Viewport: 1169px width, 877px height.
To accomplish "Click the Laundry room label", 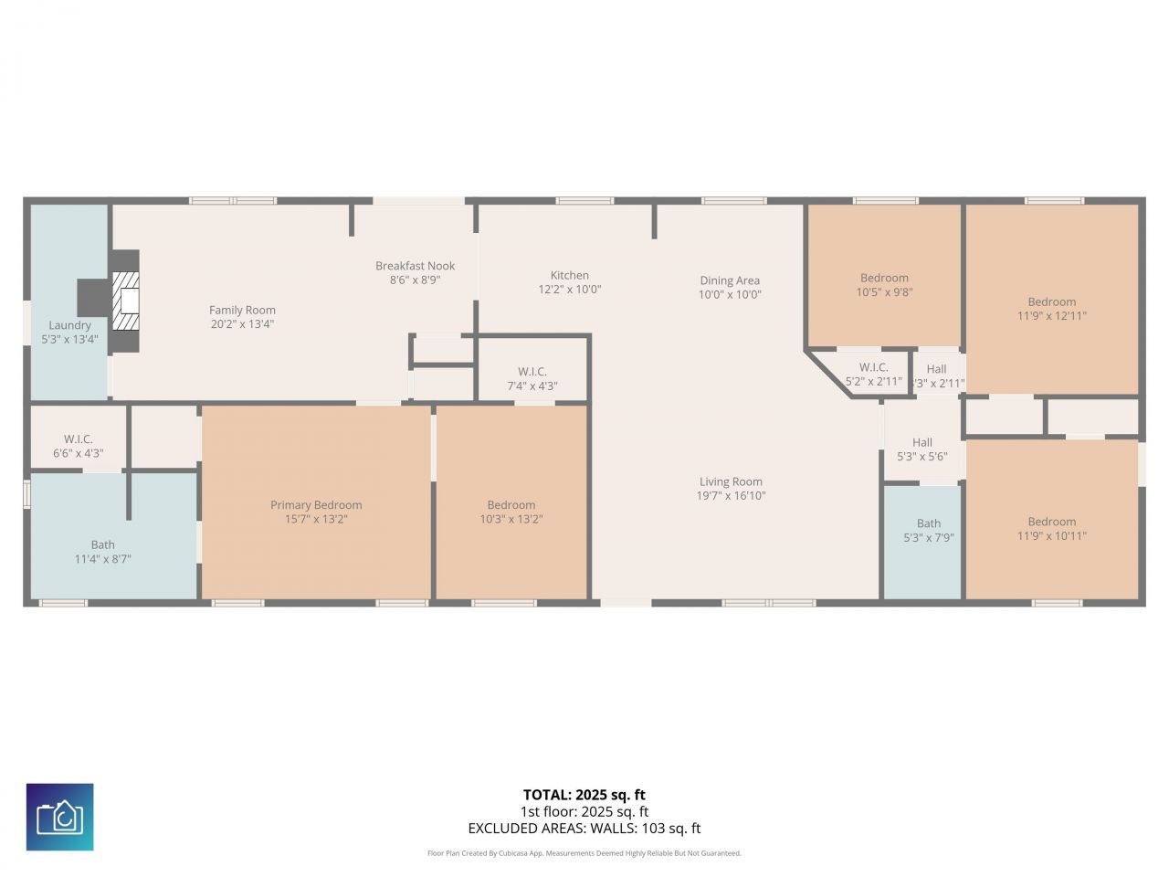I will (69, 325).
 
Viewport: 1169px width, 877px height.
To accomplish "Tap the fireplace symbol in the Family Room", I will (127, 301).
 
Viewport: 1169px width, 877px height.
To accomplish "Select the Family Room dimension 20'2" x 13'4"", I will (242, 324).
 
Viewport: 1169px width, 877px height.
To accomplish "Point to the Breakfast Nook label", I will (415, 266).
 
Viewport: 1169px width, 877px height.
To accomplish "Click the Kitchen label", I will (569, 275).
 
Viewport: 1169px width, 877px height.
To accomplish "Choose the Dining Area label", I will (730, 280).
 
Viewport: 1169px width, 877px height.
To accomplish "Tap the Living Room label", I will (731, 481).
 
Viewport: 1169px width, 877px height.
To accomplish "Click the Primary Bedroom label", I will (316, 505).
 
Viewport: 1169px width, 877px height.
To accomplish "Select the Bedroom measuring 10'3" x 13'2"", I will (511, 512).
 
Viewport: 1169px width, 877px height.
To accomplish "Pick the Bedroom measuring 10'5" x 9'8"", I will (884, 285).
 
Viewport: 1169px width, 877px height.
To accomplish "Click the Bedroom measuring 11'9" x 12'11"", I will (1052, 309).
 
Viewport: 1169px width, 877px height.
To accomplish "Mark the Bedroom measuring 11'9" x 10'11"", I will (1052, 529).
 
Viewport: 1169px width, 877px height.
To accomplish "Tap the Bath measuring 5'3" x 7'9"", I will (929, 531).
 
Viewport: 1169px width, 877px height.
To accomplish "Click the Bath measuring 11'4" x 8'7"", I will (103, 552).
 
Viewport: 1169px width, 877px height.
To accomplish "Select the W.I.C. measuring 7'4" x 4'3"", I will (532, 378).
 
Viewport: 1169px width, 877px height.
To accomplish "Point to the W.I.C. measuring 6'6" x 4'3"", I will (79, 446).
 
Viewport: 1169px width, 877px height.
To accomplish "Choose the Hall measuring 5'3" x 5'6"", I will (922, 449).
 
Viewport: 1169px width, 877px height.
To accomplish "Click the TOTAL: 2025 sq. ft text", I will (584, 795).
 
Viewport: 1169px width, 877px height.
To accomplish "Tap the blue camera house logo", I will (59, 817).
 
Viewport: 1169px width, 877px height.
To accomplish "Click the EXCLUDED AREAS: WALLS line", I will (584, 829).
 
